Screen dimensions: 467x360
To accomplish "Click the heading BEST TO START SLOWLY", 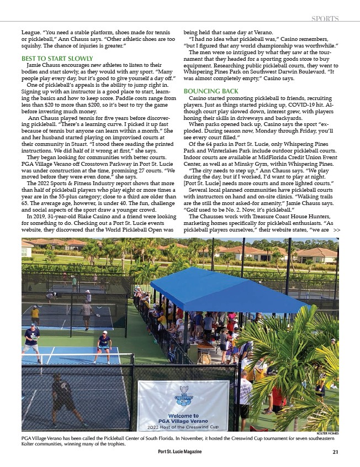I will click(x=57, y=57).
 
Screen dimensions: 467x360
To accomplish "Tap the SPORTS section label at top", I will click(x=325, y=19).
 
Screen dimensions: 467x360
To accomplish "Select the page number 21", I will click(x=335, y=452).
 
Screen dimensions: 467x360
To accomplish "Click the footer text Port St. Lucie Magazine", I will click(x=179, y=452).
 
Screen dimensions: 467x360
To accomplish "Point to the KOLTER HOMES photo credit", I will click(x=327, y=434).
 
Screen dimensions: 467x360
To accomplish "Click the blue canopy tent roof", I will click(x=226, y=290).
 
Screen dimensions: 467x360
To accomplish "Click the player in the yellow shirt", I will click(x=35, y=314).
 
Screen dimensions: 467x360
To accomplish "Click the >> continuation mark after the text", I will click(x=337, y=229).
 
